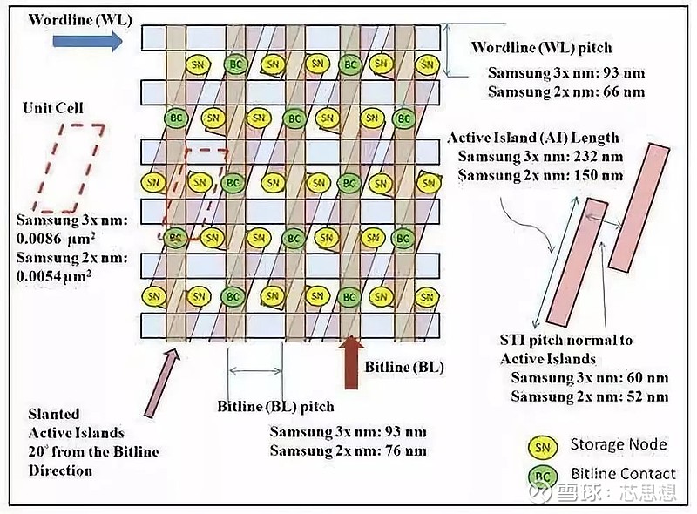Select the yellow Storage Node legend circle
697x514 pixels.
pyautogui.click(x=542, y=446)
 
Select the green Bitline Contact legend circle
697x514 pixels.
pyautogui.click(x=542, y=476)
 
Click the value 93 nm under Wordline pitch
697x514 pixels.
pyautogui.click(x=619, y=72)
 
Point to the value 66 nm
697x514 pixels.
pyautogui.click(x=619, y=91)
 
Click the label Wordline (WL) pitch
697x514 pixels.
pyautogui.click(x=542, y=47)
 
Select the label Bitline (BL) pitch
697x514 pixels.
pyautogui.click(x=275, y=406)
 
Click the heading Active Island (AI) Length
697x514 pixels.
pyautogui.click(x=533, y=138)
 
